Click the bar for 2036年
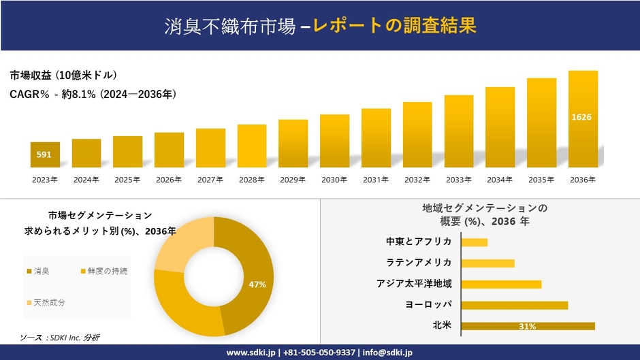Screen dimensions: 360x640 (x=583, y=119)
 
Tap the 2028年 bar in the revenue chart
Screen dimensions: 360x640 (x=252, y=146)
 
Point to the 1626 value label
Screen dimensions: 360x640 (x=581, y=117)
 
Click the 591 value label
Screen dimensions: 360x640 (x=44, y=154)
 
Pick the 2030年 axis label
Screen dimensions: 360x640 (x=334, y=180)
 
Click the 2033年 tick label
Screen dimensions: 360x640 (x=458, y=180)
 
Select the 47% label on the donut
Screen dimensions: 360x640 (x=257, y=284)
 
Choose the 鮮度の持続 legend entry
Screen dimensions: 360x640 (x=103, y=272)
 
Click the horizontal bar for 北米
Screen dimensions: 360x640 (x=528, y=326)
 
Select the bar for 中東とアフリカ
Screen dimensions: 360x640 (x=474, y=242)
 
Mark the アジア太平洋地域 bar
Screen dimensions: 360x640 (x=501, y=284)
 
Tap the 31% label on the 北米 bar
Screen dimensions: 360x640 (x=527, y=327)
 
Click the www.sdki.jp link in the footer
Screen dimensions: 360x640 (x=251, y=353)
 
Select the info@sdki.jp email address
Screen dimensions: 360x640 (x=383, y=353)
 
